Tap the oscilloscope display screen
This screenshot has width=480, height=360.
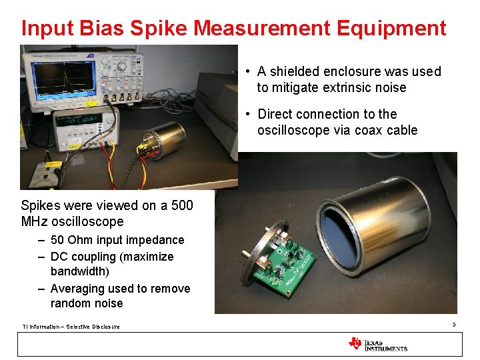(x=63, y=79)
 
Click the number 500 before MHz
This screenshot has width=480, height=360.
(x=181, y=205)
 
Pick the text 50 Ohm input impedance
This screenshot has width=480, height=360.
(x=117, y=240)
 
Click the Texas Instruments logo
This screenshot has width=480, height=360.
(x=377, y=344)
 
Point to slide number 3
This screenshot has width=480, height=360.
(x=453, y=325)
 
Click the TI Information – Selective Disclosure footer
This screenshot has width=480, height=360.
(x=71, y=327)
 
